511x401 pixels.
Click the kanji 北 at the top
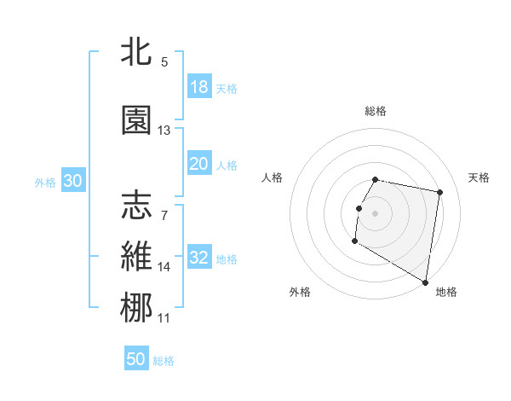click(x=137, y=53)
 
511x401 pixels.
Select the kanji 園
click(x=137, y=120)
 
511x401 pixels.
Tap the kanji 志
click(x=137, y=206)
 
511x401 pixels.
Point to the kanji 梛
click(x=137, y=308)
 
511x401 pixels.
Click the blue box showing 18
click(x=199, y=87)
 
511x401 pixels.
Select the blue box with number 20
click(x=199, y=165)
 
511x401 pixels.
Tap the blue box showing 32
click(x=199, y=259)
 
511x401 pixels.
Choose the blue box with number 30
click(x=72, y=181)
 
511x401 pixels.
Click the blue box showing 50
click(x=136, y=359)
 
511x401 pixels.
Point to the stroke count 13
click(x=164, y=131)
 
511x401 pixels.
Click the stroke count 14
click(x=164, y=267)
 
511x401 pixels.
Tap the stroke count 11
click(x=164, y=318)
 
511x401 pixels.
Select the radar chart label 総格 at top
click(x=376, y=111)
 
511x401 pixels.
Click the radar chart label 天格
click(x=479, y=177)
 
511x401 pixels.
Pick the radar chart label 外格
click(x=300, y=292)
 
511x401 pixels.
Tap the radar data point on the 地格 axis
click(x=425, y=282)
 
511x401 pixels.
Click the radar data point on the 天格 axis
click(x=439, y=193)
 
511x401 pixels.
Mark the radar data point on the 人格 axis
click(x=359, y=208)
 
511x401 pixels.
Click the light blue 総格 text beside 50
click(x=164, y=361)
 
